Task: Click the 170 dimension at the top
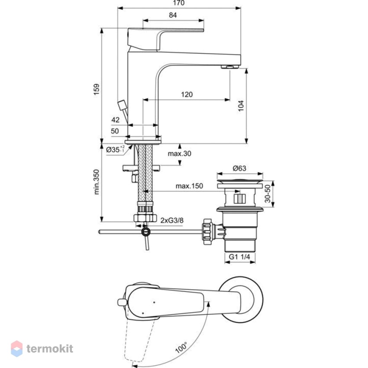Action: pyautogui.click(x=179, y=3)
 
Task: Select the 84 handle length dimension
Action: pyautogui.click(x=173, y=15)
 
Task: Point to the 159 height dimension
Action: pyautogui.click(x=97, y=89)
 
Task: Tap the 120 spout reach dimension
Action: pyautogui.click(x=187, y=94)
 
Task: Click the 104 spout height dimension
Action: pyautogui.click(x=241, y=106)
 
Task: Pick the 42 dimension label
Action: pyautogui.click(x=115, y=120)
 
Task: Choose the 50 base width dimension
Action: pyautogui.click(x=115, y=131)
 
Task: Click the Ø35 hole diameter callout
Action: pyautogui.click(x=115, y=149)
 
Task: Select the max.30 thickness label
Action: pyautogui.click(x=180, y=154)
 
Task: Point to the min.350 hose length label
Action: pyautogui.click(x=97, y=182)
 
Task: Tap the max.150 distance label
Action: pyautogui.click(x=189, y=186)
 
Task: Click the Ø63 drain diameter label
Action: pyautogui.click(x=239, y=168)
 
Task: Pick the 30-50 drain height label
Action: pyautogui.click(x=268, y=194)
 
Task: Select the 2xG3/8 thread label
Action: pyautogui.click(x=172, y=220)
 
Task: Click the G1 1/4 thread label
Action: pyautogui.click(x=239, y=257)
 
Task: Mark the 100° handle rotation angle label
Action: pyautogui.click(x=181, y=348)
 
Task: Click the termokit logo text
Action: pyautogui.click(x=50, y=349)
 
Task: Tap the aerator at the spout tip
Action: pyautogui.click(x=230, y=67)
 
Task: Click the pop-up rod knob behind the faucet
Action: pyautogui.click(x=122, y=105)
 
